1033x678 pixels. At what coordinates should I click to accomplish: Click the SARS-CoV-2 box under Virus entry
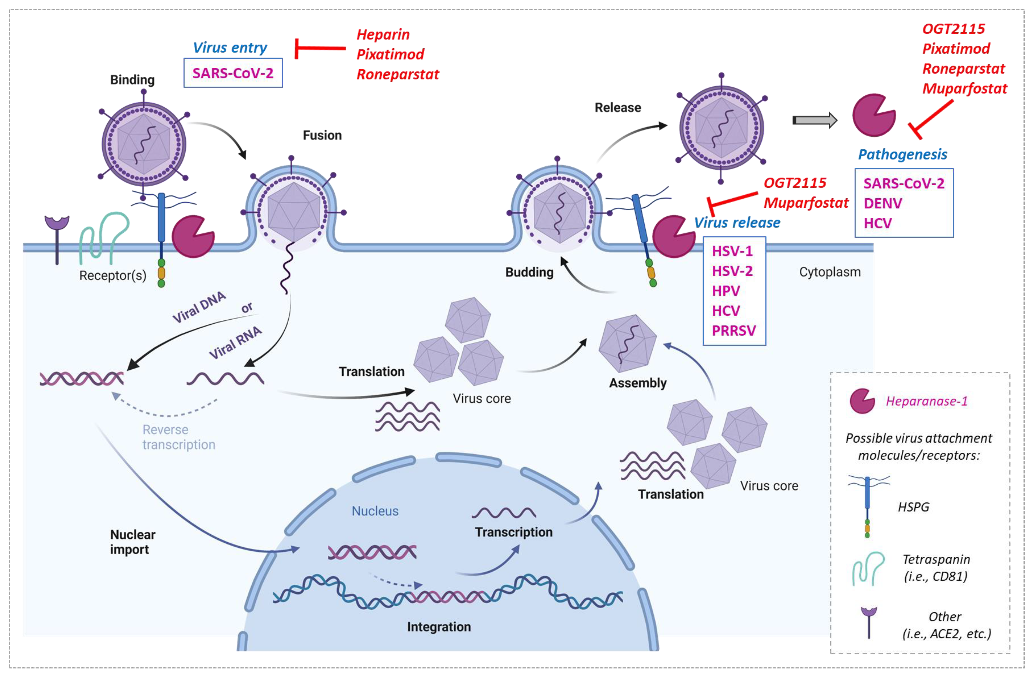(x=233, y=73)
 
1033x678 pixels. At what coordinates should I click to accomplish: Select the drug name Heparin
(x=383, y=34)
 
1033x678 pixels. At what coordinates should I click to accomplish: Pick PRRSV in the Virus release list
(x=733, y=331)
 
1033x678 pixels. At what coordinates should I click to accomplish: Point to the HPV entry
(x=726, y=291)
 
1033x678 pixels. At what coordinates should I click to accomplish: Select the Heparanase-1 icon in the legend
(x=862, y=401)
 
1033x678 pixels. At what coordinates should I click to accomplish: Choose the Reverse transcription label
(x=178, y=437)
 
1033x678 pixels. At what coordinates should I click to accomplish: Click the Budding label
(x=529, y=272)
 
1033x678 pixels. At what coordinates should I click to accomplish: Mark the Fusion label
(x=322, y=135)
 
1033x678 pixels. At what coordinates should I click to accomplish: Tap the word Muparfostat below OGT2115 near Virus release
(x=806, y=202)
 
